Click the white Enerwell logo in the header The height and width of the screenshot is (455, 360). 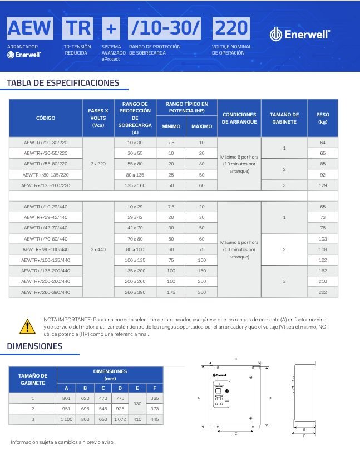point(300,34)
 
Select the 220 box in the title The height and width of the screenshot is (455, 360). point(231,28)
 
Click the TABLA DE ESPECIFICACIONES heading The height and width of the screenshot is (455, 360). point(63,83)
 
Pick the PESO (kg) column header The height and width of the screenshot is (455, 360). point(322,118)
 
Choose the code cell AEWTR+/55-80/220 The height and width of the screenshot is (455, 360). point(46,164)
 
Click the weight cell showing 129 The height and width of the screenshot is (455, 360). point(322,185)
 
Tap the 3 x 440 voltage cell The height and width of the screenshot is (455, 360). point(98,249)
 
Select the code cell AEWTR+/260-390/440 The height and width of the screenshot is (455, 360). point(46,292)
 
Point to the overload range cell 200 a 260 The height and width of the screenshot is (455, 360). point(135,281)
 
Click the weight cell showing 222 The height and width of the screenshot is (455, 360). point(322,292)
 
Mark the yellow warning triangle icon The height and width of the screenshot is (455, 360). point(27,325)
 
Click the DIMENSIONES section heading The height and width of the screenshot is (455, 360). point(34,346)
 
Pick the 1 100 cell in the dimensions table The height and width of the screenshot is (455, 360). point(67,419)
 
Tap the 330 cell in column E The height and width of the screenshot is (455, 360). point(138,403)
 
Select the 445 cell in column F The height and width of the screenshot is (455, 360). point(155,419)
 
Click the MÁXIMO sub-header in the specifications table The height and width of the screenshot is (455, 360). point(201,126)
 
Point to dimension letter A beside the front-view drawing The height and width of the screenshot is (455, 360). point(199,398)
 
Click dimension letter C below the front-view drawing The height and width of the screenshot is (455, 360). point(236,433)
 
